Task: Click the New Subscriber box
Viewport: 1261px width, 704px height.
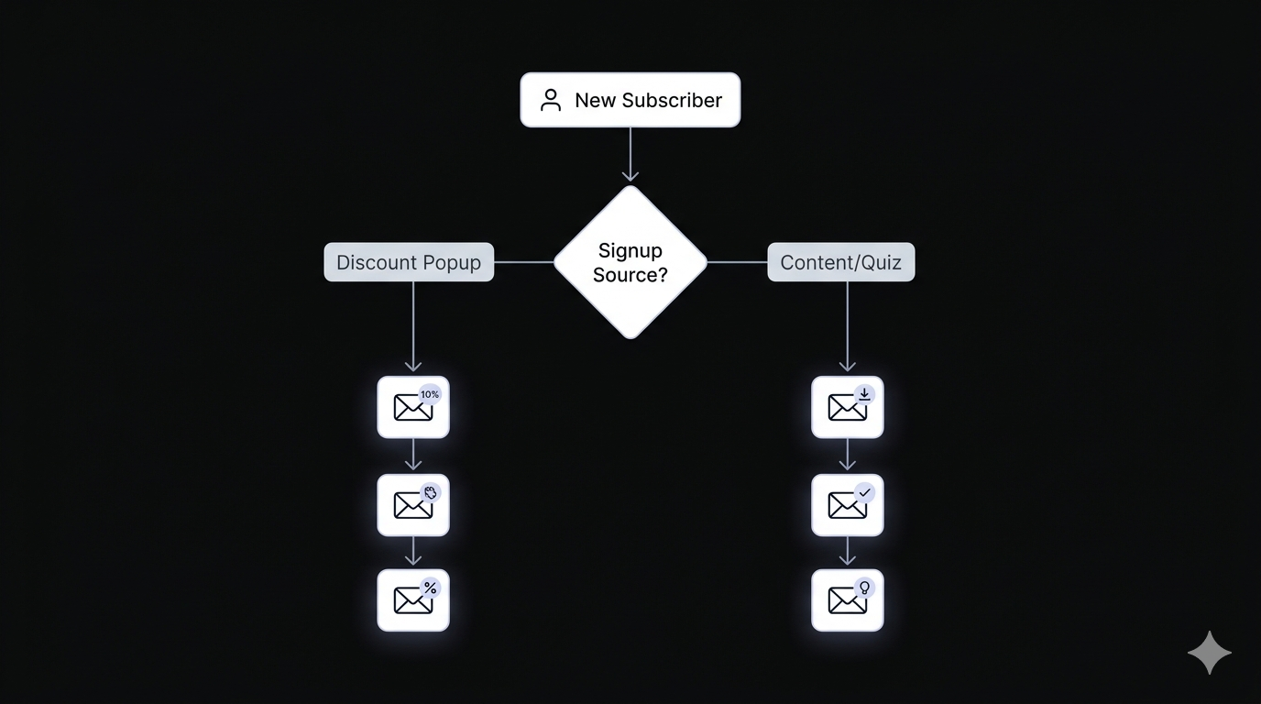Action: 630,100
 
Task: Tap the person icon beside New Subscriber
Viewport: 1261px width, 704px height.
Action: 550,100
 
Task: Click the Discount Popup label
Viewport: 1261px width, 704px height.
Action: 409,262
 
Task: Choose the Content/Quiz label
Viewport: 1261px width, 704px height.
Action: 840,262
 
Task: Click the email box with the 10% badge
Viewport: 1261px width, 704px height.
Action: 413,407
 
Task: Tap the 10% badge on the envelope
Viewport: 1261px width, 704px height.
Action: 430,394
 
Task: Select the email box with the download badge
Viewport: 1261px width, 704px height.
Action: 847,407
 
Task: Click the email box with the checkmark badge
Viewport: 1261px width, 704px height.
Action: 847,505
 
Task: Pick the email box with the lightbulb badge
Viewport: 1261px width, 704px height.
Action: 847,600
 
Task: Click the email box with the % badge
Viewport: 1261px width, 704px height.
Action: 413,600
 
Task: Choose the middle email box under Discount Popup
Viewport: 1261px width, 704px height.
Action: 413,505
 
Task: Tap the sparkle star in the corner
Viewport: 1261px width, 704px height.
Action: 1209,653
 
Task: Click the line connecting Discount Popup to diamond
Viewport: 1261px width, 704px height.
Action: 523,262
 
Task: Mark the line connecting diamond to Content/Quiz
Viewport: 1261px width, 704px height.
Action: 737,262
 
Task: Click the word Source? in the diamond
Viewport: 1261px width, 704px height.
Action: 630,274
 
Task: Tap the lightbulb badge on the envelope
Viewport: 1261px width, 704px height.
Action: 863,588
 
